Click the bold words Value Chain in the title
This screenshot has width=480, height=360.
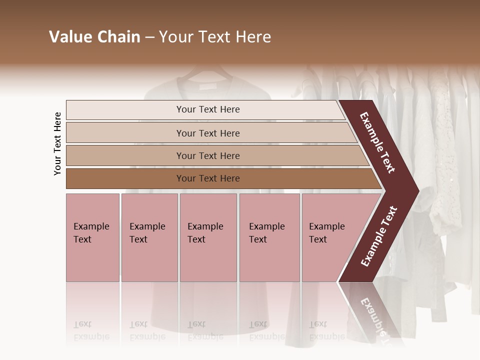click(94, 37)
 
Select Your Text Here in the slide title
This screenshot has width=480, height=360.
click(215, 37)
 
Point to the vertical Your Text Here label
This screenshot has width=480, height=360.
click(57, 143)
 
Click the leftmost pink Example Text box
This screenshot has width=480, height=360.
click(92, 237)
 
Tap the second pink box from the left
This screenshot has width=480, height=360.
click(149, 237)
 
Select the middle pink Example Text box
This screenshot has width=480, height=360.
click(208, 237)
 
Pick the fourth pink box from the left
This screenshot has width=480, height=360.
click(269, 237)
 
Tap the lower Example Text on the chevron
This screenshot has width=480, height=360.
click(379, 236)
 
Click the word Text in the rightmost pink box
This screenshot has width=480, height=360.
click(318, 239)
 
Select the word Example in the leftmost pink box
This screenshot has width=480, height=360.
click(91, 226)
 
